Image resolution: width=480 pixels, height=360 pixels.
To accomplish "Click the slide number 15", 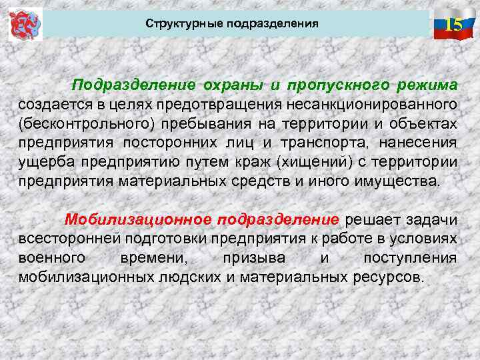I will point(453,25).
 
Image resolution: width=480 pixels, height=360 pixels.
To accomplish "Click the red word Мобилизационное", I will point(138,220).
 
